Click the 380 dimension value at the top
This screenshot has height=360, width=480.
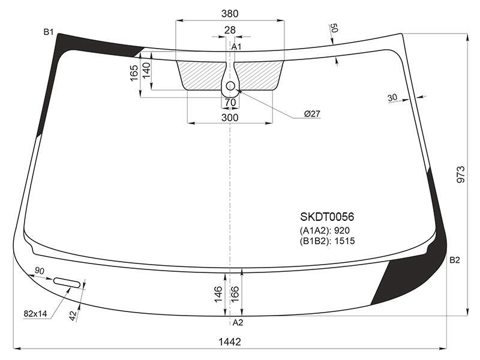coord(230,13)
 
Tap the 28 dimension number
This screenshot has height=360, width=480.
coord(230,30)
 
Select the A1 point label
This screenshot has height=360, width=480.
coord(236,47)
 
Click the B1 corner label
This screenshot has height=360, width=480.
coord(49,32)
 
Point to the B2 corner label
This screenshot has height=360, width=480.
coord(455,260)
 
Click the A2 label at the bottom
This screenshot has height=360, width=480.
coord(238,322)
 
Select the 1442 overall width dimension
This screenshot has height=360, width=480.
coord(230,341)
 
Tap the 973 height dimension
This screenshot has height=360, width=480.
coord(461,175)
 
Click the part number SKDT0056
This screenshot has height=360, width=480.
coord(327,217)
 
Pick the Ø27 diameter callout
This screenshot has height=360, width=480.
coord(312,114)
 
